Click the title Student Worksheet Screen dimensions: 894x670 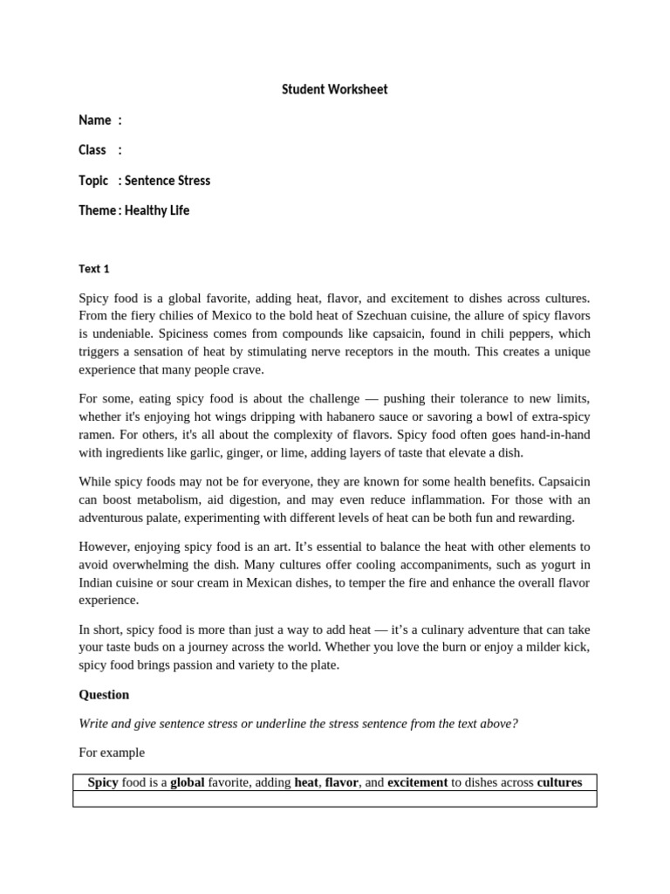pos(334,90)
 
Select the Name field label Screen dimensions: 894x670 pos(94,120)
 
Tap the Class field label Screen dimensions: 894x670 pos(92,150)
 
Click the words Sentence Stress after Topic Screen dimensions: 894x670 pos(167,181)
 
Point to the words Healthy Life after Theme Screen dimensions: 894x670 pos(157,210)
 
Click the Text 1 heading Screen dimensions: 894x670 pos(94,269)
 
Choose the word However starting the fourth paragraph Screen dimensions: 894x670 pos(105,547)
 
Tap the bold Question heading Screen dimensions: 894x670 pos(104,695)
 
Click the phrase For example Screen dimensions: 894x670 pos(112,752)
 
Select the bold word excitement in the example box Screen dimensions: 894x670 pos(417,782)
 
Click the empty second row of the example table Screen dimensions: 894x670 pos(334,799)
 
